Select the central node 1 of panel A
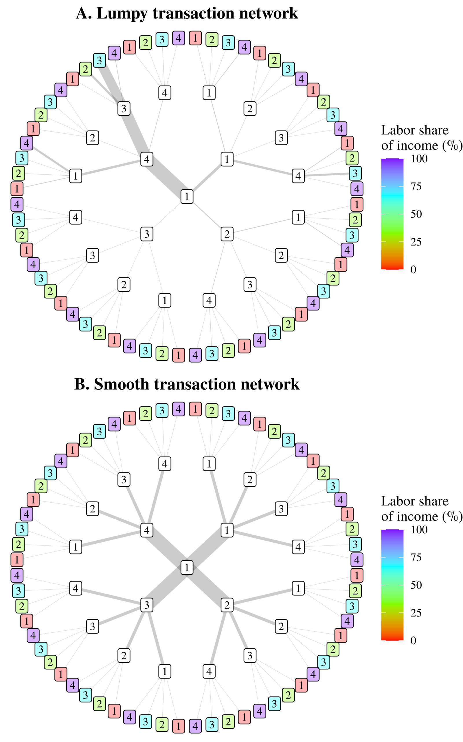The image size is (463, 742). coord(187,197)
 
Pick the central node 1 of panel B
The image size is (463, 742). coord(187,567)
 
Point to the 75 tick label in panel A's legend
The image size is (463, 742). coord(416,186)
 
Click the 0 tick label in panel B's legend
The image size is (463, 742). coord(414,641)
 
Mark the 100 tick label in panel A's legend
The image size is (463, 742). coord(419,159)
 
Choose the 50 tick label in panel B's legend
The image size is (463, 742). coord(416,585)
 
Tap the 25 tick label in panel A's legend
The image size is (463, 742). coord(416,242)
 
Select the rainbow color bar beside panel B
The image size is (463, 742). coord(392,585)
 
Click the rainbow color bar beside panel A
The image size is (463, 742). coord(392,214)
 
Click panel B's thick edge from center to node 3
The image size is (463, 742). coord(167,585)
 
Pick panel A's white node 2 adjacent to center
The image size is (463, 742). coord(227,234)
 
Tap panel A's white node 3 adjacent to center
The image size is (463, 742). coord(147,234)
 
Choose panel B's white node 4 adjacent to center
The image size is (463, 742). coord(147,530)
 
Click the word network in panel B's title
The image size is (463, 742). coord(270,384)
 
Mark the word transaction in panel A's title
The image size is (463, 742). coord(194,14)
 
